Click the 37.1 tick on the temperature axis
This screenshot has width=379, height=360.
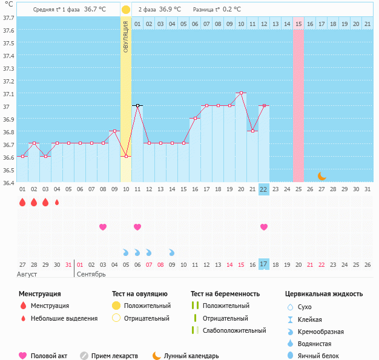(9, 94)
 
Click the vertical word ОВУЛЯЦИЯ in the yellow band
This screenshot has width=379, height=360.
(126, 36)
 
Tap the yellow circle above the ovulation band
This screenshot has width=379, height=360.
(126, 10)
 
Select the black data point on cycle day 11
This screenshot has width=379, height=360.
(137, 105)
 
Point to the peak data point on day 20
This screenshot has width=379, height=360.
(241, 93)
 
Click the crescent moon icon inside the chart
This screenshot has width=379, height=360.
(322, 176)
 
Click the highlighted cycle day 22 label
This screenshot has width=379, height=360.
(263, 189)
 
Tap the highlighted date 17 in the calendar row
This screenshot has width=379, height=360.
(263, 264)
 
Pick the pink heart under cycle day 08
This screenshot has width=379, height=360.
(103, 227)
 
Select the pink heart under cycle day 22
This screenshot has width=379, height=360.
(263, 227)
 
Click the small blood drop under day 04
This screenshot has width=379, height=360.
(57, 203)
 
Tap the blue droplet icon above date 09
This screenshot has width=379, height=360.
(172, 252)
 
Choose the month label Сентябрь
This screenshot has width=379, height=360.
(91, 274)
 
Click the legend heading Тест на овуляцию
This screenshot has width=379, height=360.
(140, 294)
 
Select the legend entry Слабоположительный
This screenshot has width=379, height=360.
(234, 330)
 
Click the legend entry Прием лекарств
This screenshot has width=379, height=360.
(114, 356)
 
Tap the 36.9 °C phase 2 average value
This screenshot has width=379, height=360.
(170, 10)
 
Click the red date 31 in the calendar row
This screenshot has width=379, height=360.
(68, 264)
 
